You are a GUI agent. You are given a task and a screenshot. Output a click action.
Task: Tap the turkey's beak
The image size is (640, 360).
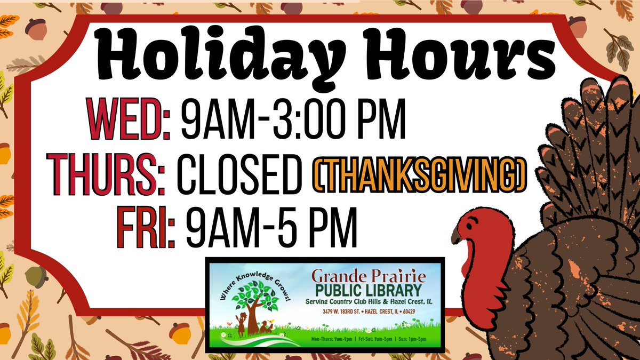coord(457,235)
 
